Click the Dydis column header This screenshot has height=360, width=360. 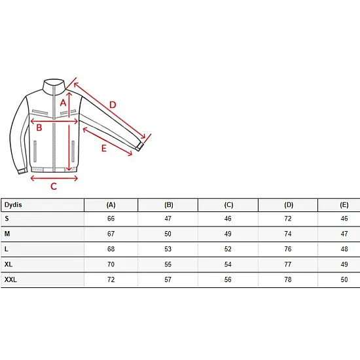13,205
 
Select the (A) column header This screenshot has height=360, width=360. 111,205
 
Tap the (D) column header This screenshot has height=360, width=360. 289,205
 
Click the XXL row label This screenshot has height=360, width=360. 10,279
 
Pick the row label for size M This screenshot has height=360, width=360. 7,234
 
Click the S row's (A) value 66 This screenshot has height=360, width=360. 111,219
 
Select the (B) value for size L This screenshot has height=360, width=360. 168,249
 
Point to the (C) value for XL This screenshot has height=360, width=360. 228,264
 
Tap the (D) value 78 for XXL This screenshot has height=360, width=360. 288,279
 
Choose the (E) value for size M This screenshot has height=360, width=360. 344,234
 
